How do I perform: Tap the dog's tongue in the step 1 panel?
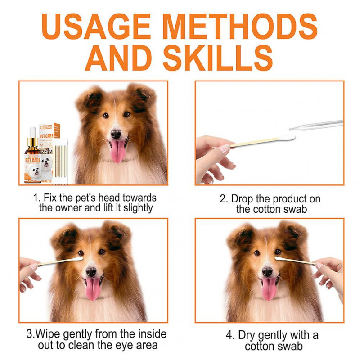[x=118, y=151]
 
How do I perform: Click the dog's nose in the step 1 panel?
[x=116, y=134]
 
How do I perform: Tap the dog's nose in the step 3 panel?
[x=91, y=271]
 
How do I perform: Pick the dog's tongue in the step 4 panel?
[x=269, y=288]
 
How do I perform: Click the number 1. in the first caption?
[x=37, y=198]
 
